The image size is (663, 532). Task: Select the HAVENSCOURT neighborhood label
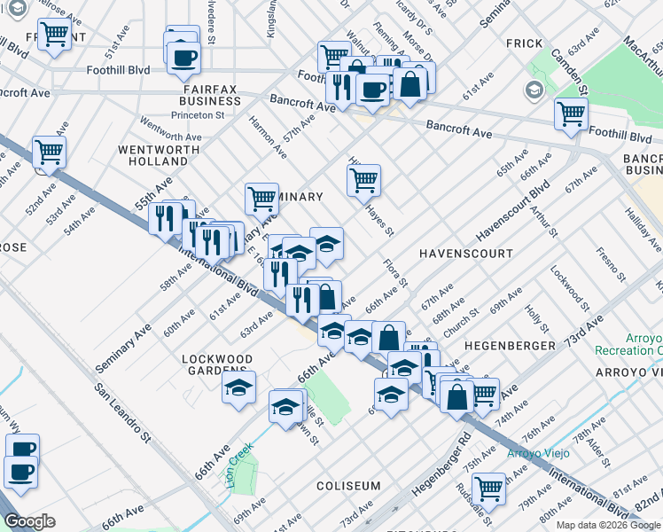click(x=466, y=254)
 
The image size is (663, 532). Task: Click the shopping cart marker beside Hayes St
click(x=363, y=180)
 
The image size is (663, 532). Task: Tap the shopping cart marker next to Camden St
click(x=571, y=113)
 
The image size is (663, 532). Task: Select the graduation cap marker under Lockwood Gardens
click(x=238, y=387)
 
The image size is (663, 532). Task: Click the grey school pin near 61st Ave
click(x=534, y=90)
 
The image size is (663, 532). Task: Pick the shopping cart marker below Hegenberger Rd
click(x=488, y=487)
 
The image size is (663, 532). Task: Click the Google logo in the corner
click(x=29, y=521)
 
